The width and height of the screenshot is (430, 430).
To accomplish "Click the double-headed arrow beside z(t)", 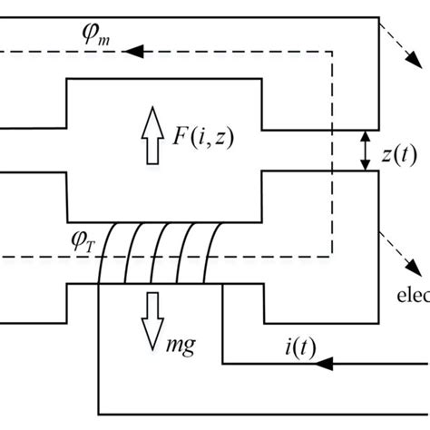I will pyautogui.click(x=365, y=151).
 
